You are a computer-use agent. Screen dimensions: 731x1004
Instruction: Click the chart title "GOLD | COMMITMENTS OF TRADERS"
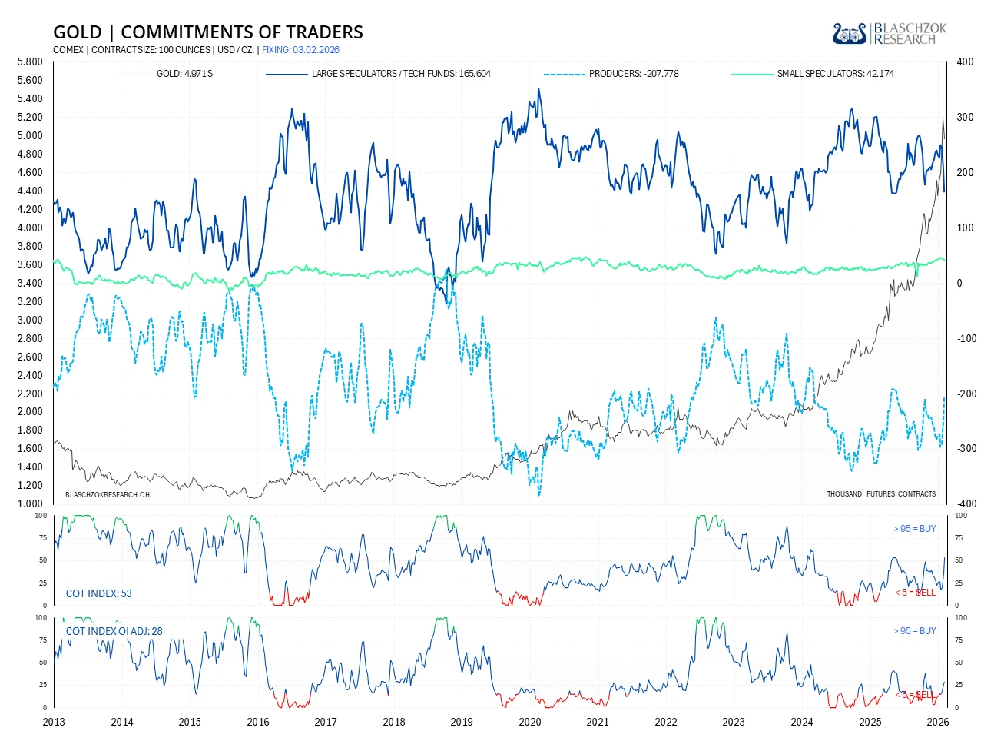pos(208,32)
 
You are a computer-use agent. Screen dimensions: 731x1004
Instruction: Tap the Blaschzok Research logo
pos(889,33)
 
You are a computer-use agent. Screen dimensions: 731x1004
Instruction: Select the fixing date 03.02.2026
pos(311,50)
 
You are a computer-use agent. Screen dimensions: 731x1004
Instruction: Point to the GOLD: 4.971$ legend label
pos(184,74)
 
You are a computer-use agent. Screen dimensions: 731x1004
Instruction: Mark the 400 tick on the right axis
pos(965,62)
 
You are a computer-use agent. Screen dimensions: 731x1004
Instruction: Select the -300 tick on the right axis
pos(966,449)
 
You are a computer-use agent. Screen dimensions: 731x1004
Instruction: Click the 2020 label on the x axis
pos(530,722)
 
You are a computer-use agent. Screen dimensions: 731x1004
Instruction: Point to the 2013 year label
pos(54,722)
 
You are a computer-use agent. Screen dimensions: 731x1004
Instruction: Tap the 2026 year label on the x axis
pos(938,722)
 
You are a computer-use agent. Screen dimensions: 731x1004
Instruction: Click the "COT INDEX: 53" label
pos(99,593)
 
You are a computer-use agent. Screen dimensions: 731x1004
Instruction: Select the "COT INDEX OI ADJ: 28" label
pos(114,631)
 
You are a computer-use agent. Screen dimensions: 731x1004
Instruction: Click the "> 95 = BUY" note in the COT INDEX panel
pos(915,529)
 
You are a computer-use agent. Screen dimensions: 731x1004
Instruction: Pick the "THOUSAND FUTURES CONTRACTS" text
pos(881,493)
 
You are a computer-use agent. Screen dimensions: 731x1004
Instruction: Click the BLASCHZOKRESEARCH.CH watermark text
pos(108,494)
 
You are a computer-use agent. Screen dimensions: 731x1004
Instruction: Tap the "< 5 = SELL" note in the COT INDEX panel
pos(915,592)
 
